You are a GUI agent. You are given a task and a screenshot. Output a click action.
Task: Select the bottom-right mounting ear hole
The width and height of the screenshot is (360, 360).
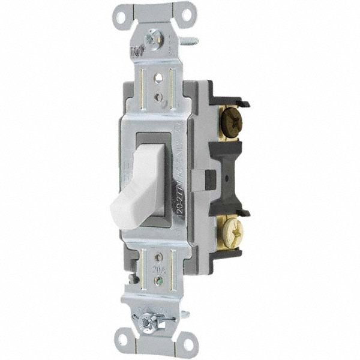(188, 343)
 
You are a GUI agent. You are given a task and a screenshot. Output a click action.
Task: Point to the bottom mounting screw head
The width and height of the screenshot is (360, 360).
(146, 323)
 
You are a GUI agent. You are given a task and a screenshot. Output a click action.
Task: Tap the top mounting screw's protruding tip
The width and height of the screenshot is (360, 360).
(193, 41)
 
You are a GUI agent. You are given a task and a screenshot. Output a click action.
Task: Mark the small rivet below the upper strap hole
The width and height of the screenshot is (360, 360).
(159, 95)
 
